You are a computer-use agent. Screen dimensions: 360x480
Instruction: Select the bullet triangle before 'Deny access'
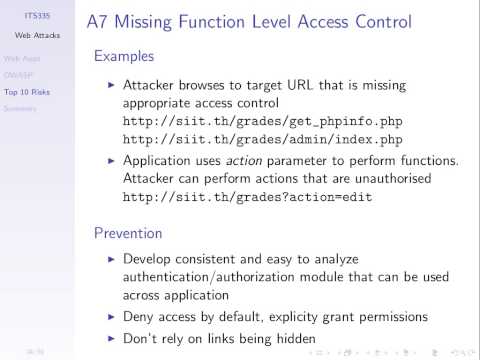110,316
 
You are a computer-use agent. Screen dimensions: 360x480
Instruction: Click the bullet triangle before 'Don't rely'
110,339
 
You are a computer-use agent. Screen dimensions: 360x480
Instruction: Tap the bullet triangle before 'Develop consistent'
110,259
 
